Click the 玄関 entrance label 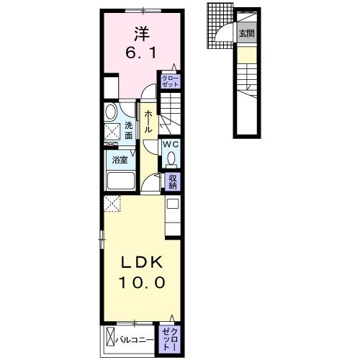click(x=247, y=34)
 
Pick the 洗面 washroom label click(x=128, y=130)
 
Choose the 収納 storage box click(x=173, y=181)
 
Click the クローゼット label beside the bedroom click(x=171, y=82)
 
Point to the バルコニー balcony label click(x=135, y=336)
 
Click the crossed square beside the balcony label click(x=110, y=336)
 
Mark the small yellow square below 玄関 click(x=246, y=54)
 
